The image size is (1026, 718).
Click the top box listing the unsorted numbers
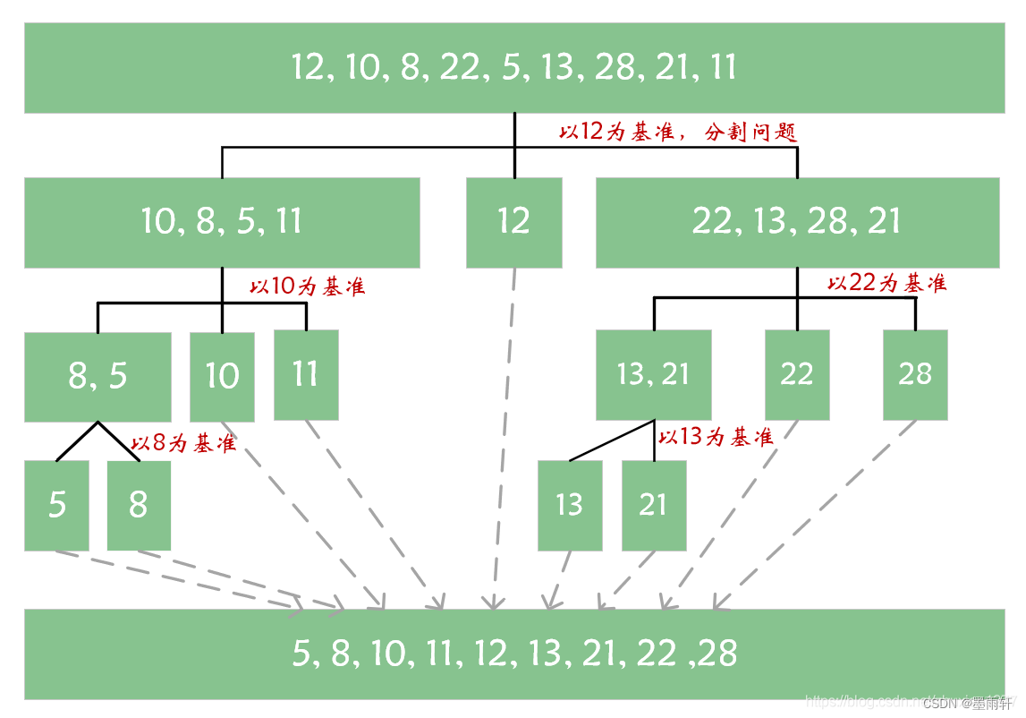point(513,68)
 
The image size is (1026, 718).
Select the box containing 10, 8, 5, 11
point(222,222)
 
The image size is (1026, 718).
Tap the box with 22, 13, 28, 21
point(797,222)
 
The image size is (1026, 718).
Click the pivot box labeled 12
point(513,222)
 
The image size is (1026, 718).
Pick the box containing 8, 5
point(98,376)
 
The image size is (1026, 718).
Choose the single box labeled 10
point(222,376)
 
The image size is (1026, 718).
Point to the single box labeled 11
point(306,374)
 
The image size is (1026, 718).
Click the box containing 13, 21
point(653,374)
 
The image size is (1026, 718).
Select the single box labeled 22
point(796,374)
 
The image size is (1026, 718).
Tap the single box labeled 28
point(915,374)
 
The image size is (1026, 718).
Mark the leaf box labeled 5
point(56,505)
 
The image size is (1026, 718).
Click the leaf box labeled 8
point(139,505)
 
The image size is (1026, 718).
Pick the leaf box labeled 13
point(569,505)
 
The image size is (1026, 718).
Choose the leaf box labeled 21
point(654,505)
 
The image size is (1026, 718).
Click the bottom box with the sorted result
point(513,654)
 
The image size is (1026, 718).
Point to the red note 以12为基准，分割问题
point(677,132)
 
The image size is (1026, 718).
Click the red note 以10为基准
point(307,287)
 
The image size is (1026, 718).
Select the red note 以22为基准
point(886,284)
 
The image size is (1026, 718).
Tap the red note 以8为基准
point(183,443)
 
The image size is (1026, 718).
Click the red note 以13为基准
point(716,438)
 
